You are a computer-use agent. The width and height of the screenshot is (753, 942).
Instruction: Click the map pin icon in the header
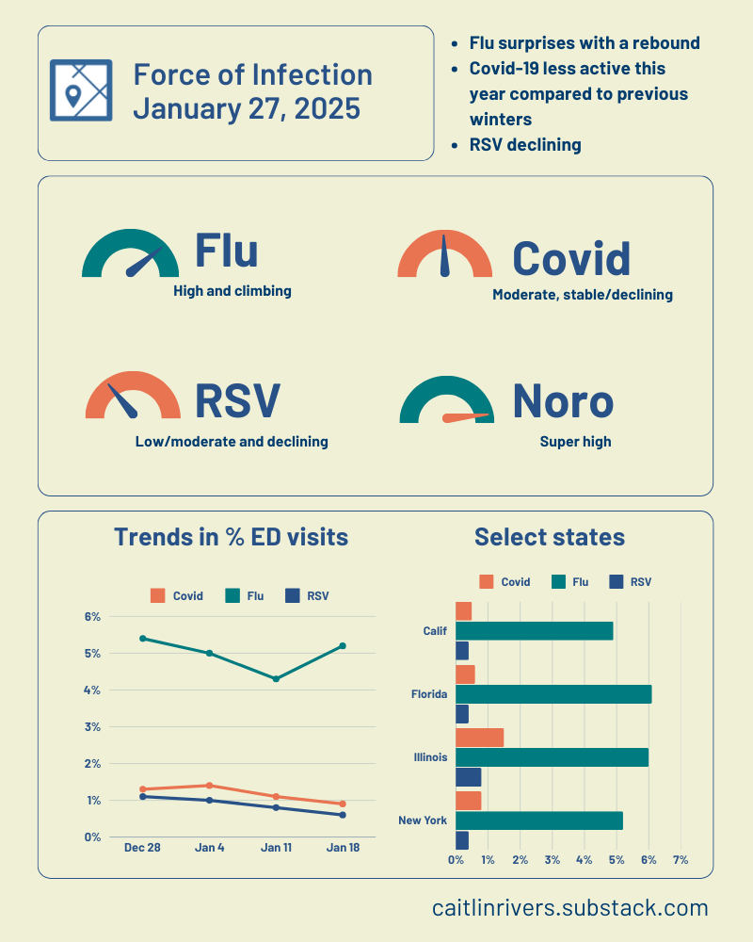point(80,90)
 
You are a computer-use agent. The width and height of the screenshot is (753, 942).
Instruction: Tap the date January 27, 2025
point(247,108)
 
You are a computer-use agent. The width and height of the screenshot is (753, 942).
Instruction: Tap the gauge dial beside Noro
point(447,400)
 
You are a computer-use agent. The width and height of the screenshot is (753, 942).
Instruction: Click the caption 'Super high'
point(575,441)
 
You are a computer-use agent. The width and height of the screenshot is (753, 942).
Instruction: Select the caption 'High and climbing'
point(232,291)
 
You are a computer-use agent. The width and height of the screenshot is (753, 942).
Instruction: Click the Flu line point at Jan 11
point(276,678)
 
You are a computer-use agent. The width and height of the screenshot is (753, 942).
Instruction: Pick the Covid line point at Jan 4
point(209,786)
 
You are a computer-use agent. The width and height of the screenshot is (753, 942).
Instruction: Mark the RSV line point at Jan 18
point(343,815)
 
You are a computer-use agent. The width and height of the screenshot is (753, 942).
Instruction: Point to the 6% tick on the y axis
point(92,617)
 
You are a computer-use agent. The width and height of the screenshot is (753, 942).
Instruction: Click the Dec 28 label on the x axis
point(142,848)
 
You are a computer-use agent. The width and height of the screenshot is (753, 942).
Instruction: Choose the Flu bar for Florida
point(553,694)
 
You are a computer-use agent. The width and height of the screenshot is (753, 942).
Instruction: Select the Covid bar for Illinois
point(479,737)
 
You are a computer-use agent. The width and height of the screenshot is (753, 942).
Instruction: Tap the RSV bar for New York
point(462,840)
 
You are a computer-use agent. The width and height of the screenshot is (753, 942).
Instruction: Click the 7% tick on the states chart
point(680,860)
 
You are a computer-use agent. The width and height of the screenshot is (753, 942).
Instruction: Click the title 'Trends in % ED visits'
point(231,537)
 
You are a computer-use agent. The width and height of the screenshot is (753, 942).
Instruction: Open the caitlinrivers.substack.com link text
point(570,908)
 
